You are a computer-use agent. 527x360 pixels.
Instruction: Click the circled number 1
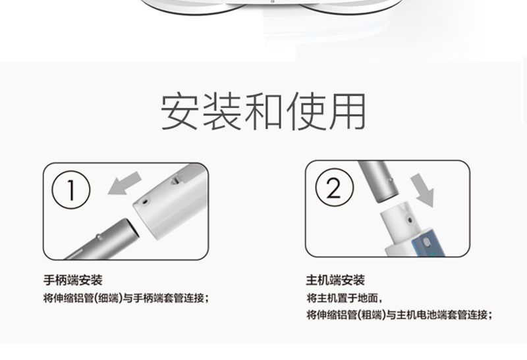71,190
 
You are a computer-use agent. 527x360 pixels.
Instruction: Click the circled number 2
335,188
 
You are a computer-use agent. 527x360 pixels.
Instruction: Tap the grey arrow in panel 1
125,184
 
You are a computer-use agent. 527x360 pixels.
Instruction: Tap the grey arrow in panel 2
423,190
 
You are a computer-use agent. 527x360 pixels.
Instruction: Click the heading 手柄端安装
73,280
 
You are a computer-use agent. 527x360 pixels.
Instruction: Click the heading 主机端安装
335,280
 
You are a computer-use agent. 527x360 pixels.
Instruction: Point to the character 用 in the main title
348,111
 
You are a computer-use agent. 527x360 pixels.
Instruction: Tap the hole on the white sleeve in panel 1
145,201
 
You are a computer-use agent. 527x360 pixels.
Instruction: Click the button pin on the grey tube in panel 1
99,237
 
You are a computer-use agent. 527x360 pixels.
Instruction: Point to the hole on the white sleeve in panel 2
410,220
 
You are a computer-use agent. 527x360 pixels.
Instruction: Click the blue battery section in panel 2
427,244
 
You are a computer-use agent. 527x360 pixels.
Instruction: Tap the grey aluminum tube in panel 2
379,181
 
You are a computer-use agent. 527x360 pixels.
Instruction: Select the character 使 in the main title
306,111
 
